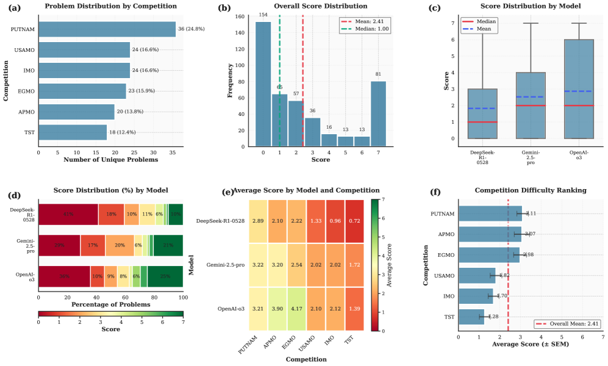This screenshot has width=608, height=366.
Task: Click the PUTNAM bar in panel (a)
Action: (x=107, y=29)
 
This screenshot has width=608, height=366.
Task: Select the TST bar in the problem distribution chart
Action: (x=73, y=132)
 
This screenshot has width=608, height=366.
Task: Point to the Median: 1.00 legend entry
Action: (x=365, y=29)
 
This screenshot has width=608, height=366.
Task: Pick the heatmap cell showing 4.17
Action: (x=288, y=309)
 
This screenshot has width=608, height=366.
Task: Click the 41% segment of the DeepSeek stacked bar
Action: (x=68, y=214)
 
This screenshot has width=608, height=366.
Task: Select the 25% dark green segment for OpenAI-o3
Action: (x=165, y=276)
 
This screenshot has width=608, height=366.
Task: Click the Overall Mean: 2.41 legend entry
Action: (x=567, y=325)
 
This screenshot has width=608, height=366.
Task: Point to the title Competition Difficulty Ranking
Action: (x=530, y=190)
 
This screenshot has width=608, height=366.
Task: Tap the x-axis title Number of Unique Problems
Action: (x=110, y=160)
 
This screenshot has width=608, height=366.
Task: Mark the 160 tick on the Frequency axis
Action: (x=240, y=17)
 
